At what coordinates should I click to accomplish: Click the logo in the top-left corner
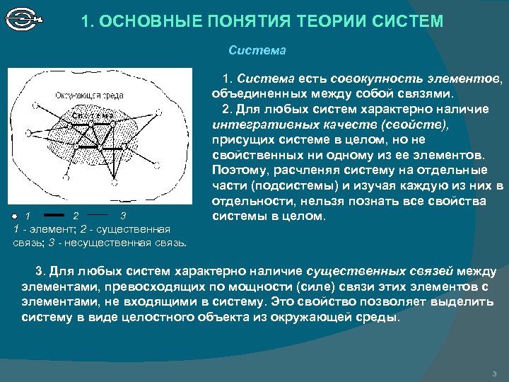tap(23, 19)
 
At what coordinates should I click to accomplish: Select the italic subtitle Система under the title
tap(257, 51)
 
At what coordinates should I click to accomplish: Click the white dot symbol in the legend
tap(13, 215)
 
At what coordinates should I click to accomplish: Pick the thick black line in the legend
tap(54, 214)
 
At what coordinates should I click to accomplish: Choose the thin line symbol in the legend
tap(98, 214)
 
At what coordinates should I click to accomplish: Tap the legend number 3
tap(123, 215)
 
